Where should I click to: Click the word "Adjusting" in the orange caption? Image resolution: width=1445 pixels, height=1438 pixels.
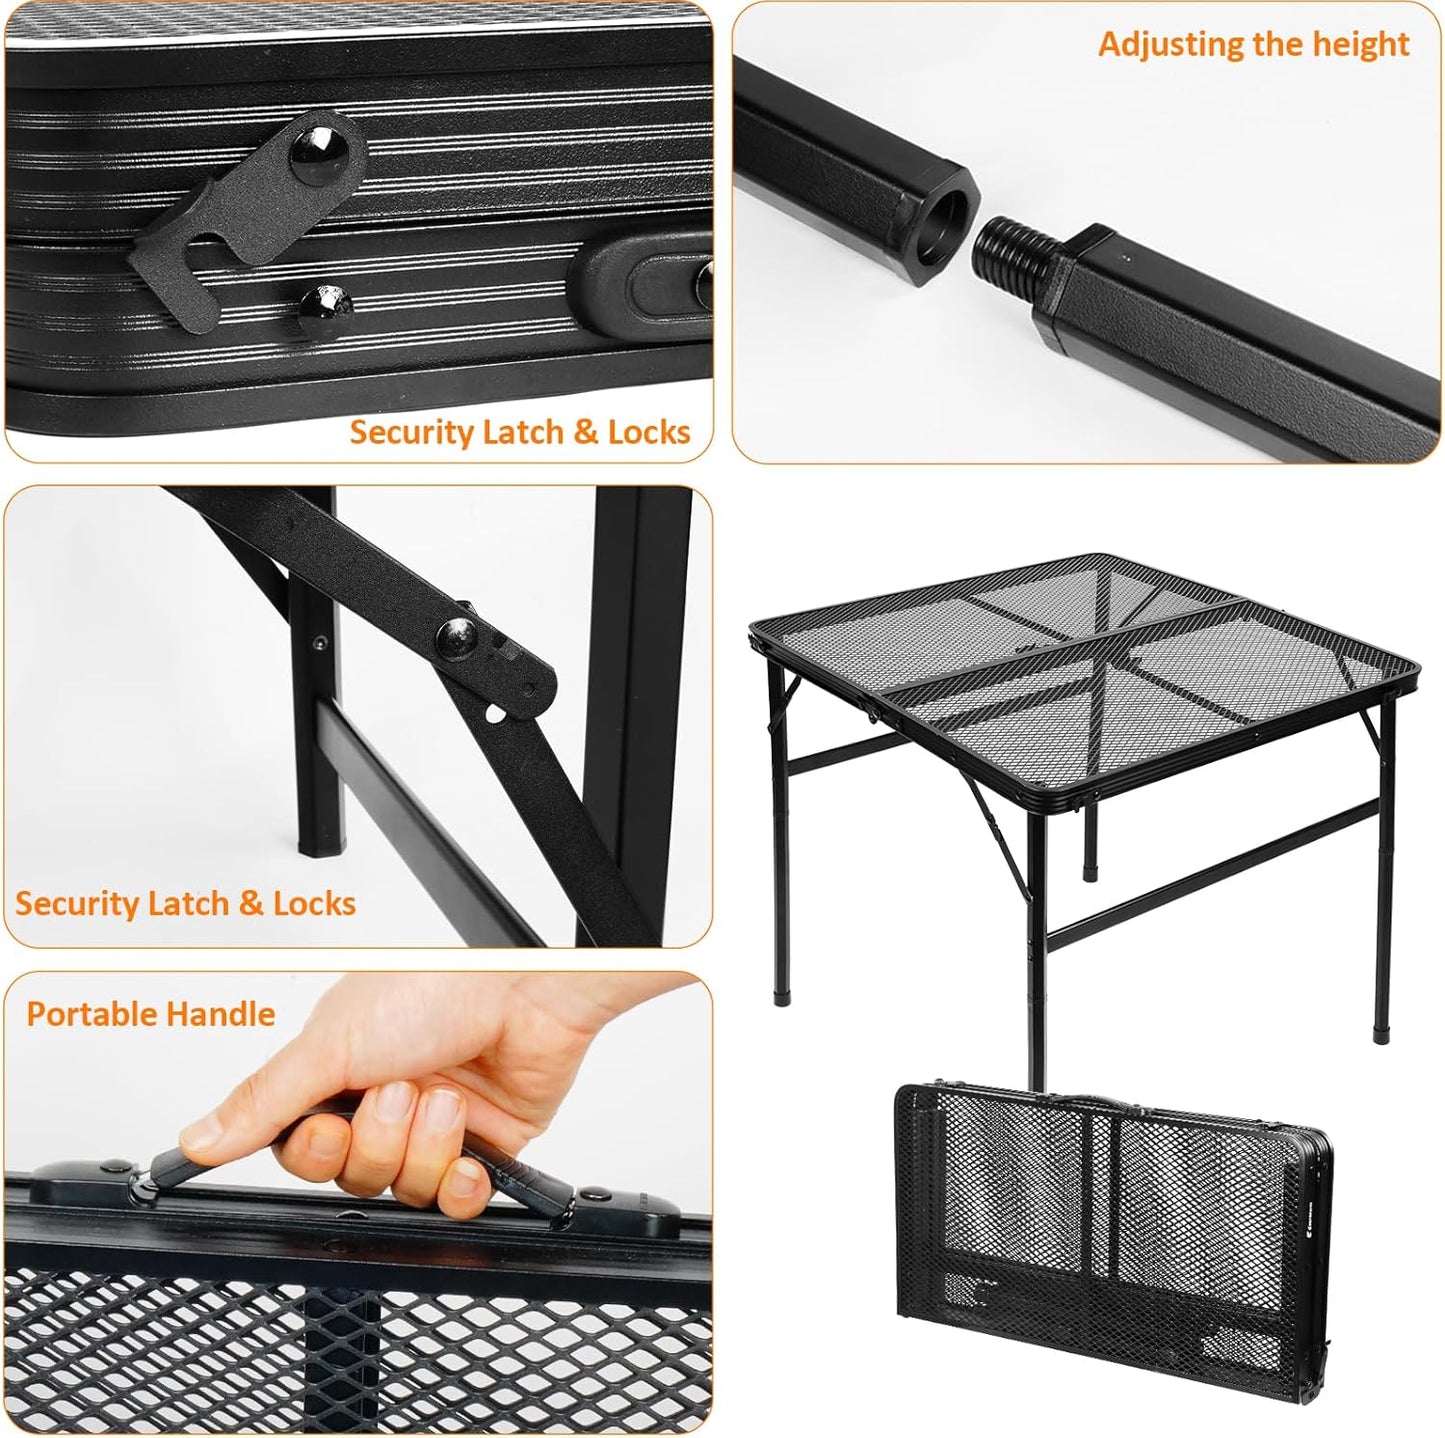pos(1164,45)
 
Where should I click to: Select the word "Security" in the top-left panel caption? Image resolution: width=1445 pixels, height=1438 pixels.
pos(411,432)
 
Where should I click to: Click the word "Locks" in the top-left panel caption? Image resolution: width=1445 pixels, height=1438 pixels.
pos(649,432)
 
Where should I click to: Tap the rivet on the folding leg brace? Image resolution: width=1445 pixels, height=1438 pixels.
pos(460,633)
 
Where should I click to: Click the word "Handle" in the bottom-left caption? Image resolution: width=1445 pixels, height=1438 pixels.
pos(225,1014)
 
